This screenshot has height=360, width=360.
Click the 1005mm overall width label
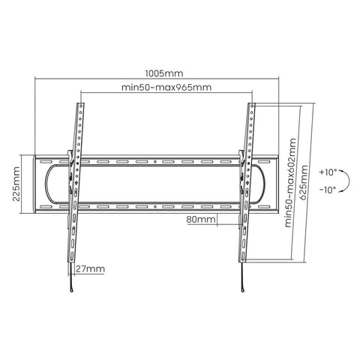point(163,73)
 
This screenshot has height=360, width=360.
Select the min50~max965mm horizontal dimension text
point(166,88)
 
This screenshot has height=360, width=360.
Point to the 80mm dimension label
point(201,220)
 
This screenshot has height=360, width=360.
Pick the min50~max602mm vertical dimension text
point(289,183)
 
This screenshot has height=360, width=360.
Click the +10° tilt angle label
point(328,172)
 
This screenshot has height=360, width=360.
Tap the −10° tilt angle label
point(328,190)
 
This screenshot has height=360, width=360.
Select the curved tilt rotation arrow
point(346,181)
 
